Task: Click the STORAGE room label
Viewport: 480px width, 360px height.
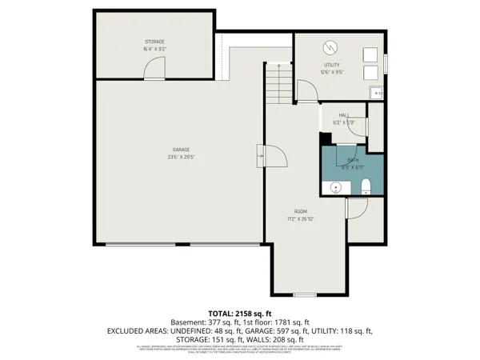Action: (155, 41)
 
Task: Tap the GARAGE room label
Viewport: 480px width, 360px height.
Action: (182, 150)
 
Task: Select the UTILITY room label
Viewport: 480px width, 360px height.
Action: (333, 65)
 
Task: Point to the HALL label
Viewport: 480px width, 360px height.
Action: (342, 115)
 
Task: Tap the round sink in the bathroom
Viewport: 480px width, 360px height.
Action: (336, 188)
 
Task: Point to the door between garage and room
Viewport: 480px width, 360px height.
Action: (273, 154)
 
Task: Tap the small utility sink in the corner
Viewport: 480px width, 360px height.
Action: (377, 93)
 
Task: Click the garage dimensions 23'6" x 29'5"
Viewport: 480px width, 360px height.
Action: (182, 157)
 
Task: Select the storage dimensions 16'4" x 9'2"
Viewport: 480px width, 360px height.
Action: (155, 48)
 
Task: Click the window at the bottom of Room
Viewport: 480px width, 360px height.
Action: (305, 294)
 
